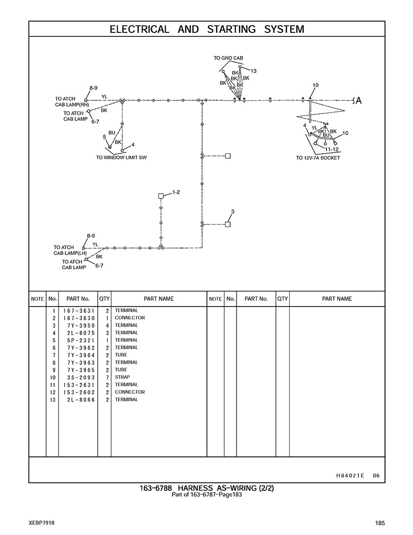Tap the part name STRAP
[x=122, y=377]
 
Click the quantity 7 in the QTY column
[x=107, y=377]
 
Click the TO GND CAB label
[x=228, y=58]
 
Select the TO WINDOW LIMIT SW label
[x=121, y=158]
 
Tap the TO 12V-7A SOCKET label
[x=318, y=158]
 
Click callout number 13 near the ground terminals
[x=254, y=71]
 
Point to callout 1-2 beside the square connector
[x=176, y=192]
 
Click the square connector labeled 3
[x=228, y=224]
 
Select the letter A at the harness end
[x=358, y=101]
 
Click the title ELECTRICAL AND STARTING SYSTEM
[x=206, y=29]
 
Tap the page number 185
[x=379, y=523]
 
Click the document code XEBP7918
[x=41, y=523]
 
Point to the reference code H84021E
[x=350, y=475]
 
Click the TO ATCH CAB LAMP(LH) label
[x=70, y=251]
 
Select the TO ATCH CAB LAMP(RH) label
[x=72, y=102]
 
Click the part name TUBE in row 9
[x=121, y=370]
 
